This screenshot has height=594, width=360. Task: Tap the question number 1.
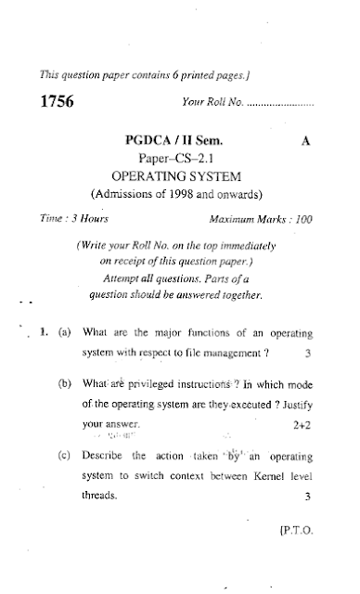click(x=43, y=331)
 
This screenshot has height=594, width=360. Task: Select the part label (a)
click(x=65, y=331)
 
